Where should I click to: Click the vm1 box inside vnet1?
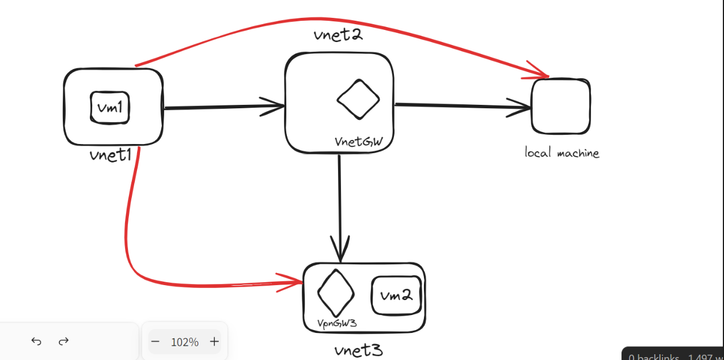[109, 107]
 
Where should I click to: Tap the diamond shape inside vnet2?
[358, 98]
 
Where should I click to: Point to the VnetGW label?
[358, 142]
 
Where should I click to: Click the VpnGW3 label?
[337, 323]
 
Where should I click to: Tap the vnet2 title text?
[338, 35]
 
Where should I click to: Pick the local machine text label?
[562, 153]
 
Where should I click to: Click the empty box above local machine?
[560, 107]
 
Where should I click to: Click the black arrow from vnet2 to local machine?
[461, 106]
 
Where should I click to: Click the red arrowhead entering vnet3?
[294, 281]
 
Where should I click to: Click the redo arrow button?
[64, 342]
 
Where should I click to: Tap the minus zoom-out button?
[155, 342]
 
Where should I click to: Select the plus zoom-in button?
[214, 342]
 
